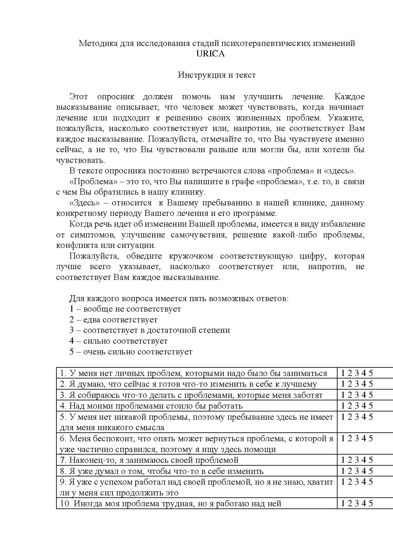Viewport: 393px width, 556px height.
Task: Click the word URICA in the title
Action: click(x=210, y=54)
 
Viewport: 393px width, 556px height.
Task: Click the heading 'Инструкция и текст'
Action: click(x=217, y=75)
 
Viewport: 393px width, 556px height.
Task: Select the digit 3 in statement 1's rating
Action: click(x=357, y=373)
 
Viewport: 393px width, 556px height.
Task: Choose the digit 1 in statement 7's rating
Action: click(x=343, y=460)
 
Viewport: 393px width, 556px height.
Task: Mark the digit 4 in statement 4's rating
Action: click(x=364, y=406)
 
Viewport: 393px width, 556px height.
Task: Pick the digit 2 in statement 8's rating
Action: click(x=350, y=471)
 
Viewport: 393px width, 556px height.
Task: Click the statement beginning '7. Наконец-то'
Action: click(x=149, y=460)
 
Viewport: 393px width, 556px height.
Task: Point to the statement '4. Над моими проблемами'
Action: click(x=151, y=406)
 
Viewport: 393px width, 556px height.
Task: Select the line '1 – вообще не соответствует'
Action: click(x=125, y=309)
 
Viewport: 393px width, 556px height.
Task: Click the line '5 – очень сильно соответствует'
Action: click(x=131, y=352)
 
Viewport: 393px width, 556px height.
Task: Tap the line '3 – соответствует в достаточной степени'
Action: click(x=150, y=330)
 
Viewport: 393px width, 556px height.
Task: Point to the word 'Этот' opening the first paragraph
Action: click(x=79, y=96)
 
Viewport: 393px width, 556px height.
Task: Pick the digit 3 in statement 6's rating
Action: click(x=357, y=438)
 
